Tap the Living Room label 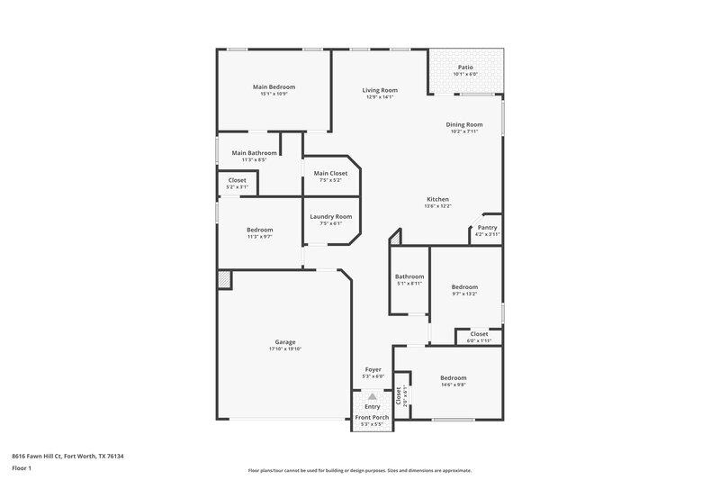380,90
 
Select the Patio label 465,67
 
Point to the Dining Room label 464,124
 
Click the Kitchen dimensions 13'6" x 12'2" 438,206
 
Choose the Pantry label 487,228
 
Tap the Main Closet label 330,173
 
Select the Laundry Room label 330,216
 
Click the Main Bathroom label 254,153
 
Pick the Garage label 285,341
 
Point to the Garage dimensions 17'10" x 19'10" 285,349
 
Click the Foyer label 373,369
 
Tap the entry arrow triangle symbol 373,395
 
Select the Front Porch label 373,416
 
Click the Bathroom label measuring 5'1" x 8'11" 409,276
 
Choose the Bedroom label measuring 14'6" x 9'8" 453,377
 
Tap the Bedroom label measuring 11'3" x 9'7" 260,230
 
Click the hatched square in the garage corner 224,280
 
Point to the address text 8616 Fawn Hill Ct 49,457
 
